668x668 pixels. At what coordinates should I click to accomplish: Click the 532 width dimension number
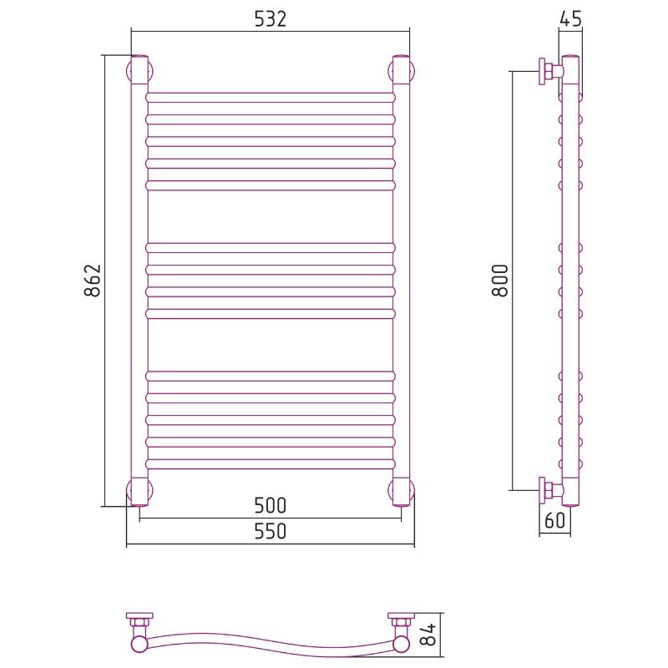point(270,19)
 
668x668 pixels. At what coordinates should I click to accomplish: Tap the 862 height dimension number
point(93,281)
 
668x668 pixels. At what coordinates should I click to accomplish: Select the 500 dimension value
point(270,506)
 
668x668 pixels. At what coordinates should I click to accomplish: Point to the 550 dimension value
point(270,531)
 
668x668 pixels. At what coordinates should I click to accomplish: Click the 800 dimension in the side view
point(500,281)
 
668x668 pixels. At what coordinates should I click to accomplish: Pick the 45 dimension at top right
point(570,19)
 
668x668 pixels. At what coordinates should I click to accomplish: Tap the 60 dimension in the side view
point(554,520)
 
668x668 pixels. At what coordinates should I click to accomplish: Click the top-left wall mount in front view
point(139,69)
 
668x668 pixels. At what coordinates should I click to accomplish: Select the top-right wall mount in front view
point(402,69)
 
